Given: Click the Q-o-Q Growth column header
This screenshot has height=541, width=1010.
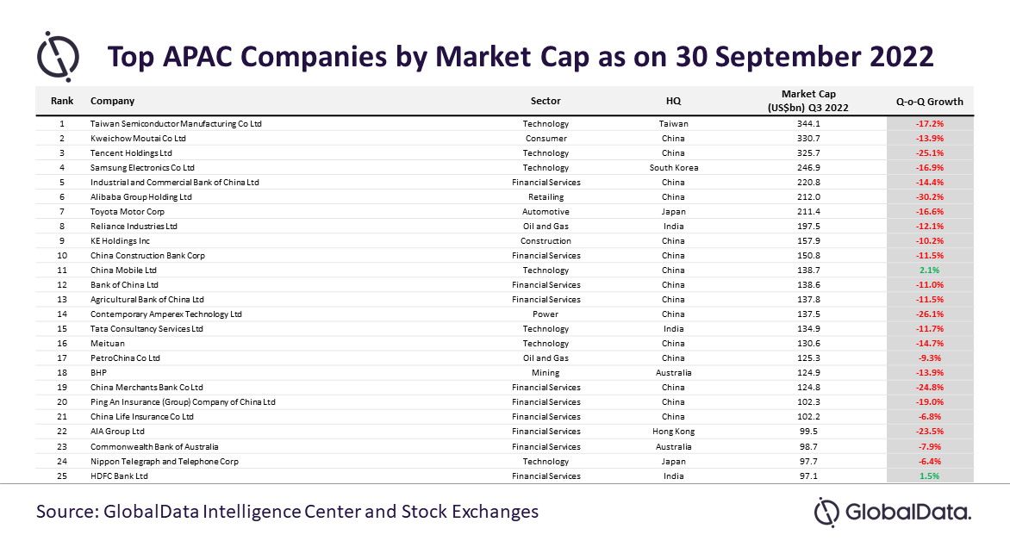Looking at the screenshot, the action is [x=930, y=101].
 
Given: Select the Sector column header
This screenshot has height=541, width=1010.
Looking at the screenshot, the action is [x=546, y=101].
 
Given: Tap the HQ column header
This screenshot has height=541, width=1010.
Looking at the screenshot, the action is [x=673, y=101].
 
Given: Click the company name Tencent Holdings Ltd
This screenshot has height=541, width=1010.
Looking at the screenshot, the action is [x=131, y=153].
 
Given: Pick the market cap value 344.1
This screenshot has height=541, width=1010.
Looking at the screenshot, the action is [x=808, y=124].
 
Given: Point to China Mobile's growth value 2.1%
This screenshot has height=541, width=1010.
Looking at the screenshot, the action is [x=930, y=270].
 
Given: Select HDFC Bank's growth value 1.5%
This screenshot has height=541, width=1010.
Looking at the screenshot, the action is [x=930, y=476].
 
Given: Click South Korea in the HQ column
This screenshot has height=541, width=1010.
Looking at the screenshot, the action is [x=674, y=168].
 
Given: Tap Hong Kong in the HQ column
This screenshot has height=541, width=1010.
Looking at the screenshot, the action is [x=674, y=432].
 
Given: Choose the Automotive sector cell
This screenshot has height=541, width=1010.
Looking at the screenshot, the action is [x=546, y=212].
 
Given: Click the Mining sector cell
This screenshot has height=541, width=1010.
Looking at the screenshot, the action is [x=546, y=373].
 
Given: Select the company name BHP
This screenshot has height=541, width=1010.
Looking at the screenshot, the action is [x=98, y=373].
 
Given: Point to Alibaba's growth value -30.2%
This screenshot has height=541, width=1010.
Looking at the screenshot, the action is [x=930, y=197].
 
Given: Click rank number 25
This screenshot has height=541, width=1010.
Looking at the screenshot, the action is [x=62, y=476].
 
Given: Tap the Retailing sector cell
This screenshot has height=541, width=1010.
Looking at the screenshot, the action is [x=546, y=197].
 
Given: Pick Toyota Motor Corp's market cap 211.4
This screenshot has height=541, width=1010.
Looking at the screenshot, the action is [x=808, y=212].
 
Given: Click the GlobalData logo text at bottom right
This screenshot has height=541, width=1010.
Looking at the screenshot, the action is [x=907, y=513].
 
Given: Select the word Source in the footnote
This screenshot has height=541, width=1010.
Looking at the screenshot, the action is [x=66, y=512].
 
